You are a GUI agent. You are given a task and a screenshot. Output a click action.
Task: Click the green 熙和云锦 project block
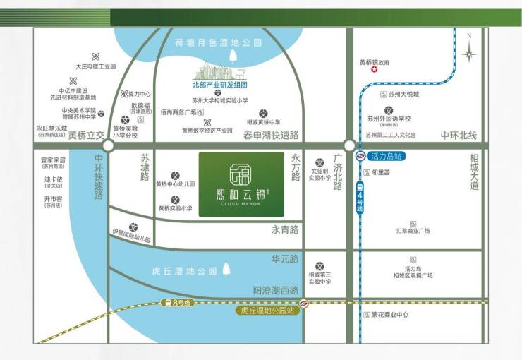point(241,184)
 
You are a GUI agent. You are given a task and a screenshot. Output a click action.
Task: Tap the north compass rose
point(468,52)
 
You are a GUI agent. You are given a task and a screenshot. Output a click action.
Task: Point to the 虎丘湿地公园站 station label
point(267,309)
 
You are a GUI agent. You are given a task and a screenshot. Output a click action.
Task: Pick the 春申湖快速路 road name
point(271,134)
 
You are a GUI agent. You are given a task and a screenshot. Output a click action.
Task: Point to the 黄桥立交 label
point(85,134)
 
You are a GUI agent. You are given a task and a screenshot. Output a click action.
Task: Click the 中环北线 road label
point(459,135)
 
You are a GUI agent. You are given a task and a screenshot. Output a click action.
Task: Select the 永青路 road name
point(284,229)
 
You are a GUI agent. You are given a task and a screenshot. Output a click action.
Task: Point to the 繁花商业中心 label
point(389,315)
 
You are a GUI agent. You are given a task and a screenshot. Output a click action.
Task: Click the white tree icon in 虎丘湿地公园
point(226,269)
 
